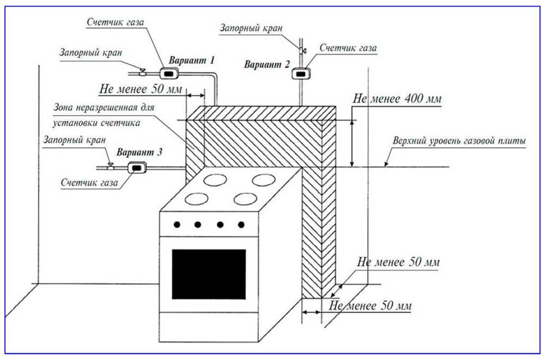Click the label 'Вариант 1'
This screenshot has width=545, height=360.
point(191,60)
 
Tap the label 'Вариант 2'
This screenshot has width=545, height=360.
point(267,65)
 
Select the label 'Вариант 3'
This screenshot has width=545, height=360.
point(139,153)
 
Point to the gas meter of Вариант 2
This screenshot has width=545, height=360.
point(300,72)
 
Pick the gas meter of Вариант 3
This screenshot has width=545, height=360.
point(136,168)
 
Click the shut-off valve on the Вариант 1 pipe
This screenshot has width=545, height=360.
point(142,72)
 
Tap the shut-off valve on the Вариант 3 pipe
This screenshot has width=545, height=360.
point(111,167)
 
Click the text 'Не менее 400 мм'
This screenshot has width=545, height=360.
point(397,99)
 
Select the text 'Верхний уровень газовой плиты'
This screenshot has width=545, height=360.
point(459,141)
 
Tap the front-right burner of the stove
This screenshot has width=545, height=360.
point(245,199)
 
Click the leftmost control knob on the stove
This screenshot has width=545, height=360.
point(177,224)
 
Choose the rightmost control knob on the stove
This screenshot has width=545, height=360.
point(240,224)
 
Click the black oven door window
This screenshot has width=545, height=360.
point(209,274)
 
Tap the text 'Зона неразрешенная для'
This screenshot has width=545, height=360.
point(104,107)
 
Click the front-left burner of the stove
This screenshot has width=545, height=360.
point(197,200)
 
